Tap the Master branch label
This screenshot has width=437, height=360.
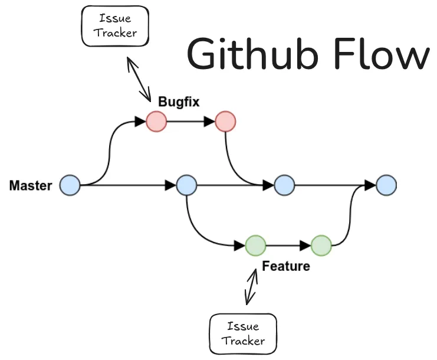click(x=31, y=186)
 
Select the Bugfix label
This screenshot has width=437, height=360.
click(x=178, y=102)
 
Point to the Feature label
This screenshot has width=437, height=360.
click(x=285, y=266)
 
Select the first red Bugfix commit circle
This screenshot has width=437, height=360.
click(x=156, y=122)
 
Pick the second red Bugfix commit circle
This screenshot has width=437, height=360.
click(x=225, y=122)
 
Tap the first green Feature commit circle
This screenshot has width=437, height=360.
click(x=255, y=245)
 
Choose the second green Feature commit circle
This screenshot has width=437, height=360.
click(x=321, y=245)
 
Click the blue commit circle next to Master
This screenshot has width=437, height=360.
click(x=70, y=185)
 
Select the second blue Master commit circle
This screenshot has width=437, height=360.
click(x=186, y=185)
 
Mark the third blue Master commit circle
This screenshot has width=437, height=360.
click(x=284, y=185)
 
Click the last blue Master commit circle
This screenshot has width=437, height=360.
click(x=386, y=185)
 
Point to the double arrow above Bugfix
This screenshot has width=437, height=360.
click(x=139, y=78)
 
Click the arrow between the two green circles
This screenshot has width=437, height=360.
click(x=288, y=245)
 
